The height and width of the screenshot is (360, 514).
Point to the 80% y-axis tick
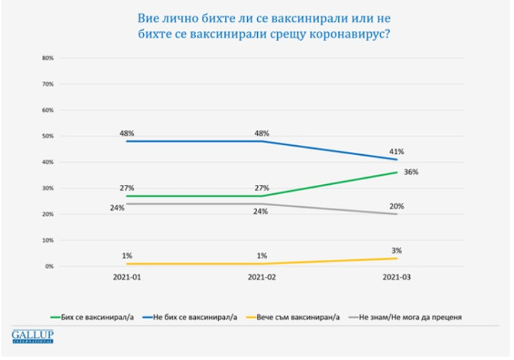pyautogui.click(x=48, y=58)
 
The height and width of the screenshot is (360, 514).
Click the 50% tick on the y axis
pyautogui.click(x=48, y=136)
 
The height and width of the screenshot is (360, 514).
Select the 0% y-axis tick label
pyautogui.click(x=49, y=266)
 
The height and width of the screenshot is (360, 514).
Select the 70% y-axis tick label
pyautogui.click(x=48, y=84)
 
